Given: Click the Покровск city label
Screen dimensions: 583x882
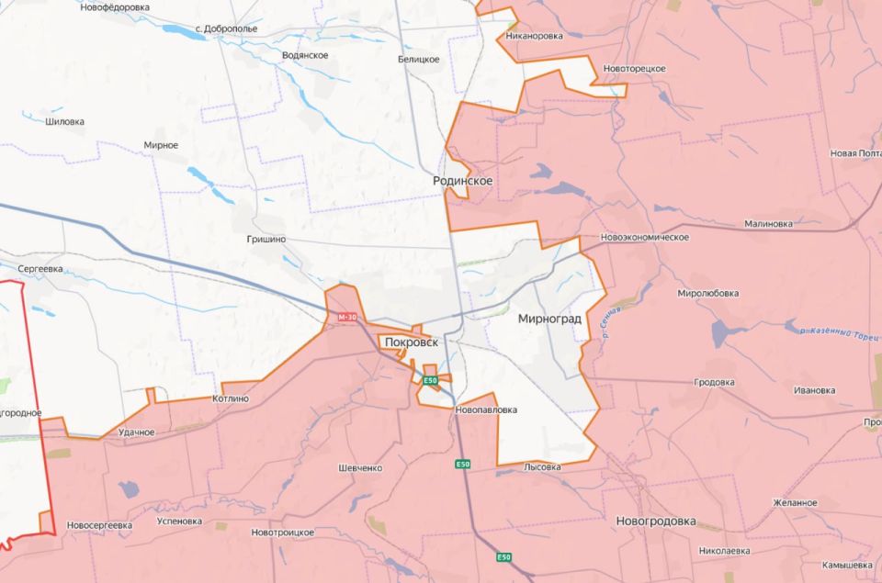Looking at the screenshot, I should pos(411,342).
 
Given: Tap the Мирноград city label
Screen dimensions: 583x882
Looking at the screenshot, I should pos(549,320).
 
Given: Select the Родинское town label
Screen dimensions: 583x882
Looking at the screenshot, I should pos(463,181).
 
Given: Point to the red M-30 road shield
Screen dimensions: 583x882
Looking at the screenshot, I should pos(347,317).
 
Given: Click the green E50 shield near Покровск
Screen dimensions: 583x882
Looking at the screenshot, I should pos(431,379).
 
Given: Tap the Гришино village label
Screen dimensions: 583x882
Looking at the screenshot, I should pos(266,239).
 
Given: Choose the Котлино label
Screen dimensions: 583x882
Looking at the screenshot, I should pos(230,398).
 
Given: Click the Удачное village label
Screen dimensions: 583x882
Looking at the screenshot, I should pos(137,432).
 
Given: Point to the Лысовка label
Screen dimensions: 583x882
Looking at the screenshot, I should pos(542,467).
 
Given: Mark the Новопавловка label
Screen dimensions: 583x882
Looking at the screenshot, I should pos(486,409).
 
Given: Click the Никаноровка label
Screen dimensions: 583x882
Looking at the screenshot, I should pos(535,37).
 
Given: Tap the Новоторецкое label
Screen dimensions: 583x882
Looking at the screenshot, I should pos(634,69).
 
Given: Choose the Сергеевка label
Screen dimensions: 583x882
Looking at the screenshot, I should pos(40,268).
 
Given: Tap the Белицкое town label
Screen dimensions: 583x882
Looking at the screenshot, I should pos(418,60).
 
